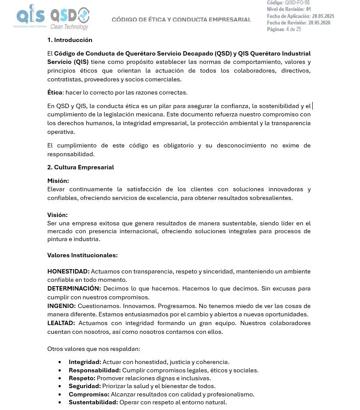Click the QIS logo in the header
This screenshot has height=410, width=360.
click(30, 16)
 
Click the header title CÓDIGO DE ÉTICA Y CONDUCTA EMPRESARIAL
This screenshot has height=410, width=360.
click(181, 20)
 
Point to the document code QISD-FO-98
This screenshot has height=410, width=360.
click(297, 3)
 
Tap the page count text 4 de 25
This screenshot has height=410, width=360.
click(293, 29)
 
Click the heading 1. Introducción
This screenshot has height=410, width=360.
click(70, 40)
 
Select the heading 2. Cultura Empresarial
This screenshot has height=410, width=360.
click(81, 167)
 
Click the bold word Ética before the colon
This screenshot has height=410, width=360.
click(55, 92)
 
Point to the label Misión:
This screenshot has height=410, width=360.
click(58, 181)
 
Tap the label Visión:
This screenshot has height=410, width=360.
click(57, 215)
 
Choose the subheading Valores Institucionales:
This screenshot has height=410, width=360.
click(82, 255)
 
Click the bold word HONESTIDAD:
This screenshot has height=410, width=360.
click(68, 272)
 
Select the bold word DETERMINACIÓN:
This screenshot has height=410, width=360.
click(74, 289)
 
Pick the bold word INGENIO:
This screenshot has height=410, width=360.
click(62, 306)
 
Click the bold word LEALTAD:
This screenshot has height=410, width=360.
click(61, 323)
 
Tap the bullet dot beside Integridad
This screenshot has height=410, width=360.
click(60, 362)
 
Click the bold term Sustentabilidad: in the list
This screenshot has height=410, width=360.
click(93, 402)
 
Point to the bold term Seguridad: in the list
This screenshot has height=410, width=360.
click(85, 386)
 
